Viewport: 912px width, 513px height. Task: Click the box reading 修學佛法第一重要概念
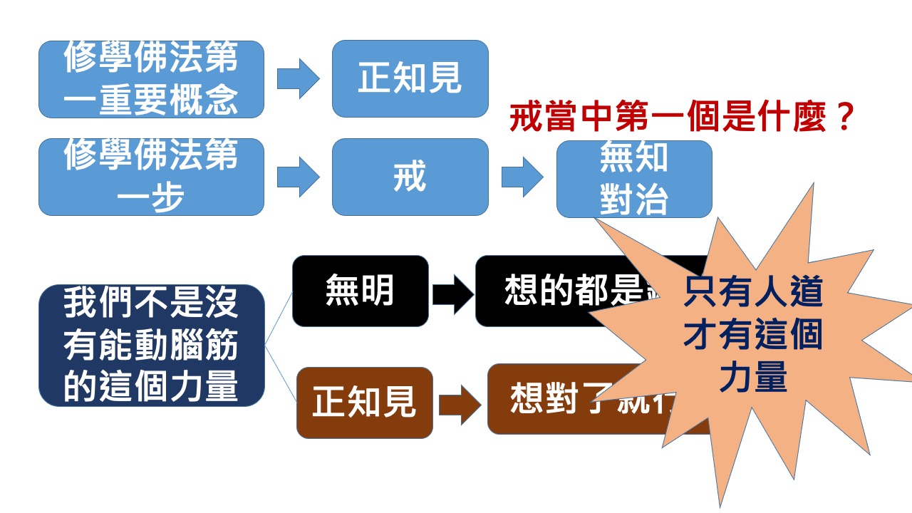(x=151, y=79)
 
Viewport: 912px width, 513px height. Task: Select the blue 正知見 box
(x=410, y=79)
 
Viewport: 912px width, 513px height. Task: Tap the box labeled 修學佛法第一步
(x=151, y=177)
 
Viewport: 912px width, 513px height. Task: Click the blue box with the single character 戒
(x=410, y=177)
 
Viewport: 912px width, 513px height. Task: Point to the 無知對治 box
(x=633, y=179)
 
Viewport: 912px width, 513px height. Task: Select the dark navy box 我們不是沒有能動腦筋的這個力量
(x=151, y=345)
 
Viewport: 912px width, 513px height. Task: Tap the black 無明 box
(x=361, y=291)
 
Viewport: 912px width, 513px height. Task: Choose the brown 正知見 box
(x=364, y=403)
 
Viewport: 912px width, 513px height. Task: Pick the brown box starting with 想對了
(x=541, y=399)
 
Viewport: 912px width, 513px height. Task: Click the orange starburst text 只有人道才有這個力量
(x=752, y=335)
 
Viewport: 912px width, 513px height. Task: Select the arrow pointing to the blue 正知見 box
(x=299, y=79)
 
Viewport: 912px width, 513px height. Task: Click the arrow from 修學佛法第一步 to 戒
(x=299, y=177)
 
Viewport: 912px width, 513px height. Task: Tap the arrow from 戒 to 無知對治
(x=522, y=177)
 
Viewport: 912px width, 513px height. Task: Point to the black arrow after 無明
(x=452, y=293)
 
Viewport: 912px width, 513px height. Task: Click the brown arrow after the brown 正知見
(x=460, y=405)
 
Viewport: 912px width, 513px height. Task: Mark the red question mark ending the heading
(x=842, y=118)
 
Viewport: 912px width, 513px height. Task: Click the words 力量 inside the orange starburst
(x=752, y=378)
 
